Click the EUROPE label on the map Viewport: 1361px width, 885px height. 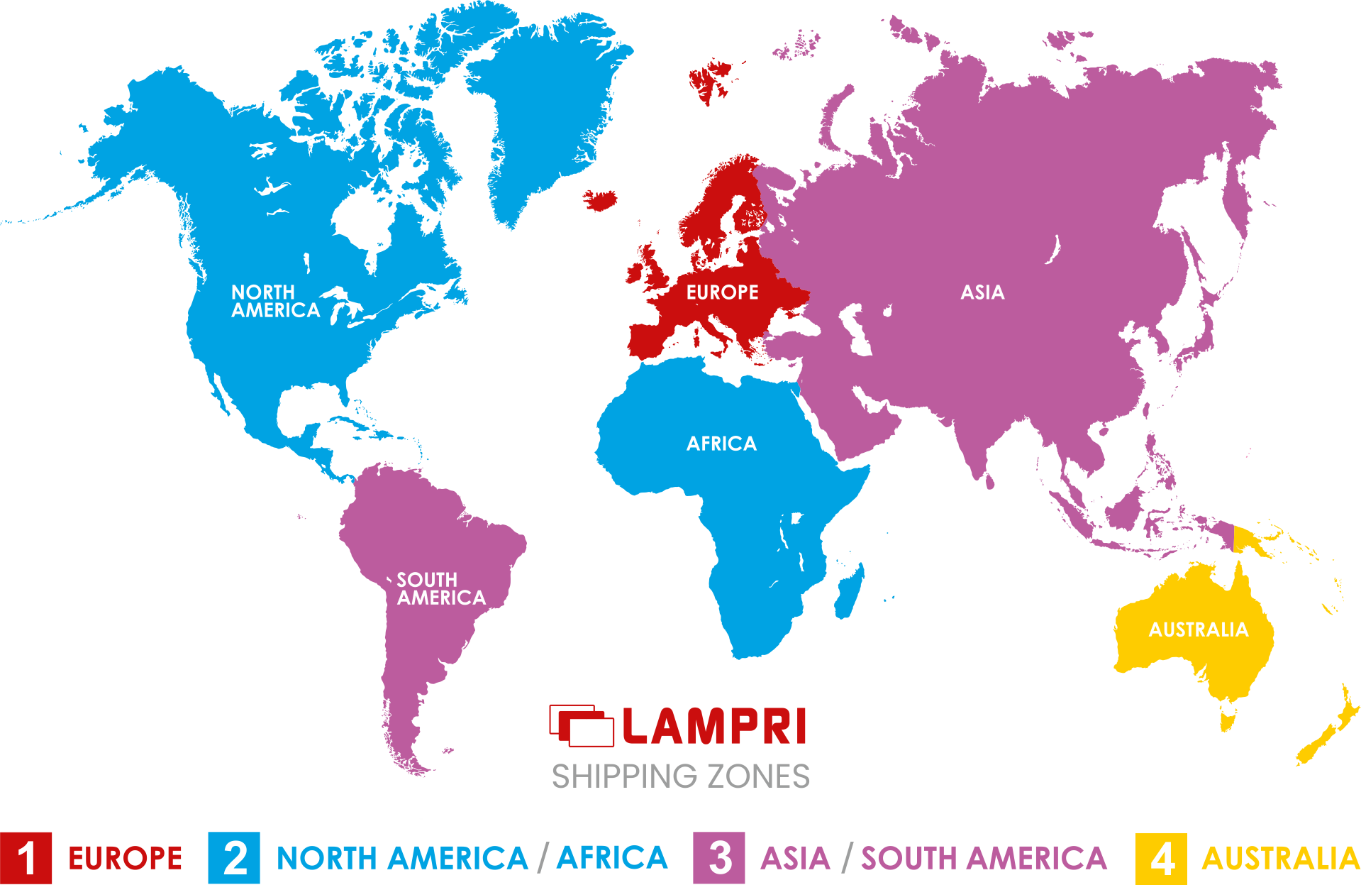point(722,292)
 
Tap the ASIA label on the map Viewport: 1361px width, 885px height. point(982,292)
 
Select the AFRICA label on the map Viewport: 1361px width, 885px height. point(721,444)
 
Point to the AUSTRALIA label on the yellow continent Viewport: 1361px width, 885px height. point(1198,630)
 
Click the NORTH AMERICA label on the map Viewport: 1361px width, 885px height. point(275,302)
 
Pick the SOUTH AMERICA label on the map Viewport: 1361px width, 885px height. point(440,589)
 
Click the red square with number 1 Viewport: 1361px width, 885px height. point(26,857)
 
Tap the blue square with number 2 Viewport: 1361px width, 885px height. point(234,857)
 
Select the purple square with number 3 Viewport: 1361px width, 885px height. point(718,857)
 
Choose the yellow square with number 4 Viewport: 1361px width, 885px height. point(1160,857)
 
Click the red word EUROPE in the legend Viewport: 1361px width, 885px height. point(125,858)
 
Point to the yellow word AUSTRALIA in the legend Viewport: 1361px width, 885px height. point(1280,858)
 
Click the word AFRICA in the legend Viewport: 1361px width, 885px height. point(611,857)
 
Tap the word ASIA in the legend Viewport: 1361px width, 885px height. point(795,858)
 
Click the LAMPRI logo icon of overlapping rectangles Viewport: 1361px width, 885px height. point(582,725)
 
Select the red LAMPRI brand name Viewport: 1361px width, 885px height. point(714,727)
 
